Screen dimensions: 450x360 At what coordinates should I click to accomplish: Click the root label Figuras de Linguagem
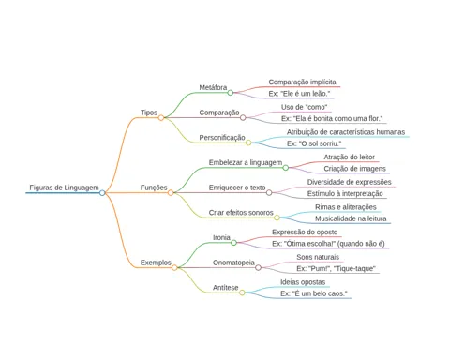coord(64,187)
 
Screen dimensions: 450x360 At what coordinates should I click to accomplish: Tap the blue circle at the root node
coord(102,193)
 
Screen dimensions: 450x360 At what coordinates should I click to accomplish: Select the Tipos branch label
coord(149,112)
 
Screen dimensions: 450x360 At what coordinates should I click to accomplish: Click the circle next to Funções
coord(171,193)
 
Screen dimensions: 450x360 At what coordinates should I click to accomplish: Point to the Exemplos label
coord(156,262)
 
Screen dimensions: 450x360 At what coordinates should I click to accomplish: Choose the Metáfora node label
coord(213,87)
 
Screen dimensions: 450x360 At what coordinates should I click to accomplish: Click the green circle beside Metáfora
coord(231,93)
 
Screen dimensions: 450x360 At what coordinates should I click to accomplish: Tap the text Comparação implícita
coord(302,82)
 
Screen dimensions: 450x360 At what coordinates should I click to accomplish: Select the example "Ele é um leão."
coord(299,94)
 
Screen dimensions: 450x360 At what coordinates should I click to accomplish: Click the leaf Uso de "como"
coord(304,107)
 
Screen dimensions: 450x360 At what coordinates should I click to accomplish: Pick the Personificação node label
coord(222,138)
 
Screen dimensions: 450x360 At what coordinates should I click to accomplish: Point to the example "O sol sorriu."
coord(314,143)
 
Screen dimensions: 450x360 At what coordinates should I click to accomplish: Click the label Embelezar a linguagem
coord(246,162)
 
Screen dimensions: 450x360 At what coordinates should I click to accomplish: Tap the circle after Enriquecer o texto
coord(269,193)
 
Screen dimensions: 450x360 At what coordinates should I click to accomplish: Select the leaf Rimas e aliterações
coord(346,207)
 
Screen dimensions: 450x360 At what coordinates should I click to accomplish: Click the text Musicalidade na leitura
coord(351,218)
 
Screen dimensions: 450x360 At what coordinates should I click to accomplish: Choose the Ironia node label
coord(221,237)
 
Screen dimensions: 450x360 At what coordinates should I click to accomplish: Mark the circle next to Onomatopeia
coord(258,267)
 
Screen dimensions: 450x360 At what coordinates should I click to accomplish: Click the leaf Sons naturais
coord(318,257)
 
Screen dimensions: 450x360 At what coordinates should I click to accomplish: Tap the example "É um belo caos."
coord(314,293)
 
